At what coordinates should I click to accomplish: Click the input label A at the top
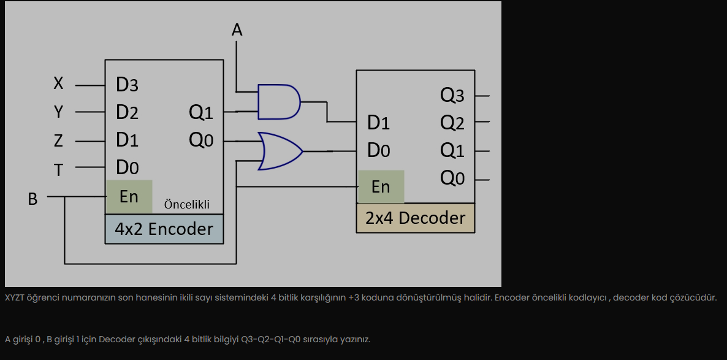[x=237, y=29]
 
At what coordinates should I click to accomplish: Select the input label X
[x=58, y=84]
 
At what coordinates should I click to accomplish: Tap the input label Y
[x=58, y=112]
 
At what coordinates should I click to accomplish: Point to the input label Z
[x=58, y=141]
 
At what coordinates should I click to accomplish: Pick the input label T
[x=58, y=169]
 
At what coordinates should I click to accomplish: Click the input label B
[x=32, y=199]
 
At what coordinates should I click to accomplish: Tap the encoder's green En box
[x=129, y=196]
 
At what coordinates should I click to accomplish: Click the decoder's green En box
[x=381, y=186]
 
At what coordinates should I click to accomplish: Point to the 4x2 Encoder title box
[x=164, y=229]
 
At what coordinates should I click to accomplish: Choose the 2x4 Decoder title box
[x=415, y=218]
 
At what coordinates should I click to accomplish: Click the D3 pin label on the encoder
[x=127, y=85]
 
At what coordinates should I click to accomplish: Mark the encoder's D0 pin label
[x=127, y=167]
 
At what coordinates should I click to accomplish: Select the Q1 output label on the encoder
[x=201, y=112]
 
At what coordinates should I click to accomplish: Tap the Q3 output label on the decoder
[x=452, y=95]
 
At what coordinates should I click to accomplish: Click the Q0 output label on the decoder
[x=452, y=178]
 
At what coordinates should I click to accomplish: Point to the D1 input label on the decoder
[x=378, y=123]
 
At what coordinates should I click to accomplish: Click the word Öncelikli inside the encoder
[x=186, y=205]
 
